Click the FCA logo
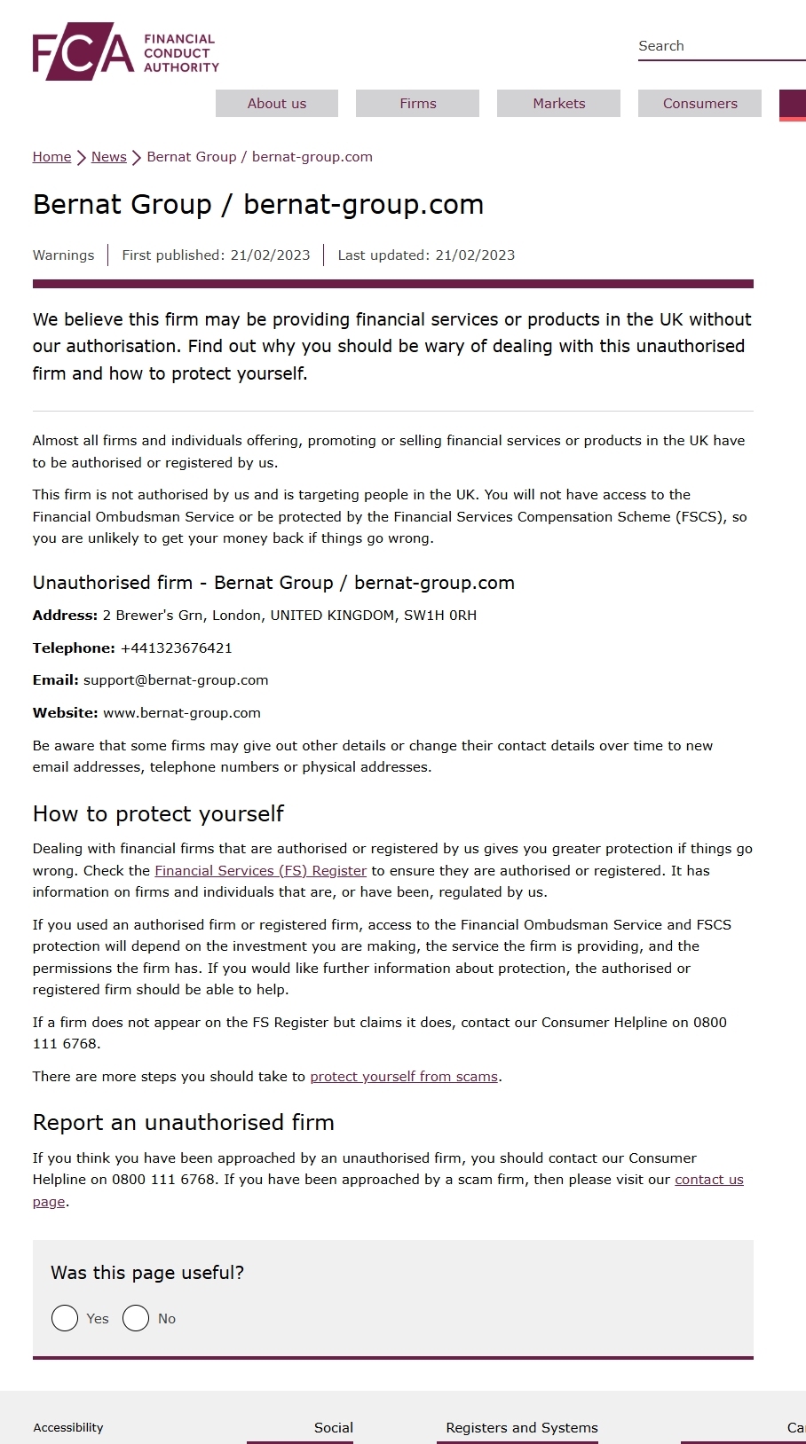point(125,52)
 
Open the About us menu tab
point(277,104)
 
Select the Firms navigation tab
point(417,104)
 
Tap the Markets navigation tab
point(558,104)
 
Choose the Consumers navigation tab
point(699,104)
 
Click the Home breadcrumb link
point(51,157)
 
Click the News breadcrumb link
point(108,157)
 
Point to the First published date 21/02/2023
point(270,255)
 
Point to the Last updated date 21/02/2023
point(475,255)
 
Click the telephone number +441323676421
point(176,648)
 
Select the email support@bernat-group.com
point(176,680)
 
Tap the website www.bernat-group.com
point(182,713)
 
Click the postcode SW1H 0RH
point(440,616)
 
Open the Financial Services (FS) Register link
point(260,871)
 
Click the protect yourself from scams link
point(404,1077)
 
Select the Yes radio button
point(65,1319)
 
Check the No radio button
point(136,1319)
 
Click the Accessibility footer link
point(68,1428)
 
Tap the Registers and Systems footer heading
point(522,1428)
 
